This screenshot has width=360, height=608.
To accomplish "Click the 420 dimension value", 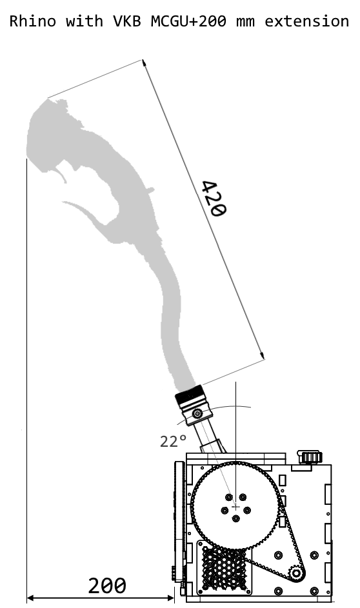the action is click(214, 199).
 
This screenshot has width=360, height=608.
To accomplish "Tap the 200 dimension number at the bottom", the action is click(107, 586).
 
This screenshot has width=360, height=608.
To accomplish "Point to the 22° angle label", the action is click(173, 441).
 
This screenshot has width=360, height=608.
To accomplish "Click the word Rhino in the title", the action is click(33, 21).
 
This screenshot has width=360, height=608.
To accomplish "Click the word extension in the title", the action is click(307, 21).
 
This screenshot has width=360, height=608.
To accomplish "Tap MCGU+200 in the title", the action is click(188, 21).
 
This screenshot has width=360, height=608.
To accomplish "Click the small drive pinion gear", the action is click(296, 573).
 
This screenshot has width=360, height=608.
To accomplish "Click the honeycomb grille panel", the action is click(225, 567).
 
